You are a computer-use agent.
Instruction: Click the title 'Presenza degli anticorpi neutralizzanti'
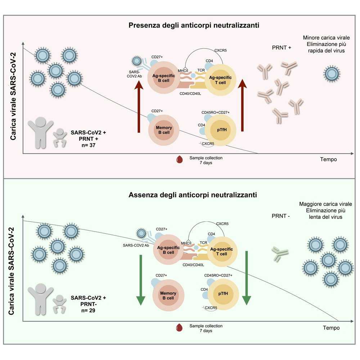click(194, 25)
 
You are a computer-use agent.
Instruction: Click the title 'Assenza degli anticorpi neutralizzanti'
click(193, 195)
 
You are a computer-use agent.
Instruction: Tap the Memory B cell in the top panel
click(164, 130)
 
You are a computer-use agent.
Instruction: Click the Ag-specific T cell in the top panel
click(220, 80)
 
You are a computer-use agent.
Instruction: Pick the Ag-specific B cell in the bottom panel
click(168, 250)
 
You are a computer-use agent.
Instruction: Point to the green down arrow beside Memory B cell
click(141, 280)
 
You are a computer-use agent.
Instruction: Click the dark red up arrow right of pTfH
click(242, 105)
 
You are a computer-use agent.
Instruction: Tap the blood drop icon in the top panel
click(179, 159)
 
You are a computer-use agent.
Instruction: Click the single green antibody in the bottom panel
click(280, 254)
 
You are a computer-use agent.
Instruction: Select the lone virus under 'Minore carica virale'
click(332, 74)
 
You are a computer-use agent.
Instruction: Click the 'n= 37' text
click(89, 145)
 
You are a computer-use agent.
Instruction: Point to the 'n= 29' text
click(88, 310)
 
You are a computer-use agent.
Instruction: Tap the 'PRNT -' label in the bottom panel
click(280, 216)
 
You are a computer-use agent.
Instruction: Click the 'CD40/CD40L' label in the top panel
click(190, 94)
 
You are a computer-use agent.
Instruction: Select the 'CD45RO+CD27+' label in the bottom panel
click(218, 275)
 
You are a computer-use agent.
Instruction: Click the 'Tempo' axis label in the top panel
click(328, 159)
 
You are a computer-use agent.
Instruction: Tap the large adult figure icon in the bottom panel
click(40, 299)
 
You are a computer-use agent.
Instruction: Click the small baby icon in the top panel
click(60, 138)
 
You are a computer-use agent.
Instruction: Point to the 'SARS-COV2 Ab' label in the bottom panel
click(136, 246)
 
